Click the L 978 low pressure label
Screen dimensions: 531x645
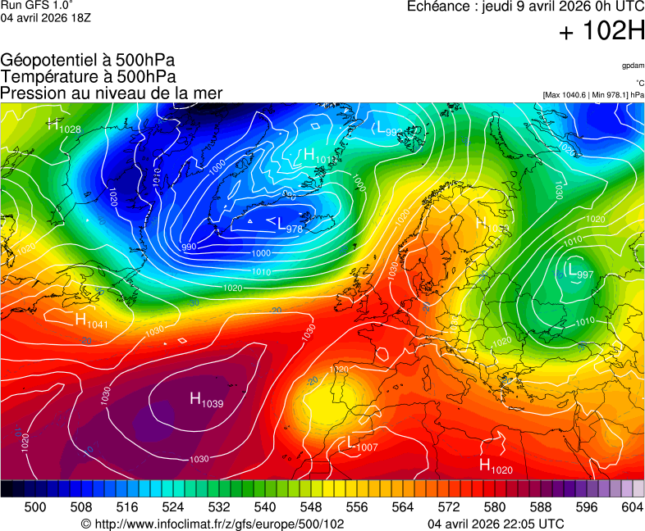[285, 224]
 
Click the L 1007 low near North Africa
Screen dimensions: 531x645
[361, 443]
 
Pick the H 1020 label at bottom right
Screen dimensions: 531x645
[495, 465]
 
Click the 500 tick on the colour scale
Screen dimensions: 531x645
[34, 507]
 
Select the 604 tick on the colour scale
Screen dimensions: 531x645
[631, 507]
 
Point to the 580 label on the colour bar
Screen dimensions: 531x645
[494, 507]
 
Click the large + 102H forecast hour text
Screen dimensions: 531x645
[602, 33]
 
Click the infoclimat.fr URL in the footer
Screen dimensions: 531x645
[213, 524]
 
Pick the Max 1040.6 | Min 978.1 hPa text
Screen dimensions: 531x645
[593, 95]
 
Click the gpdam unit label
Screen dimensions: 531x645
[632, 65]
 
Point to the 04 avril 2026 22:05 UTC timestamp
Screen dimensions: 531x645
[496, 524]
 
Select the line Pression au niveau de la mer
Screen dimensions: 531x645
[112, 93]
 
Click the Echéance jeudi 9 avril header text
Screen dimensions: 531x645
[526, 7]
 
